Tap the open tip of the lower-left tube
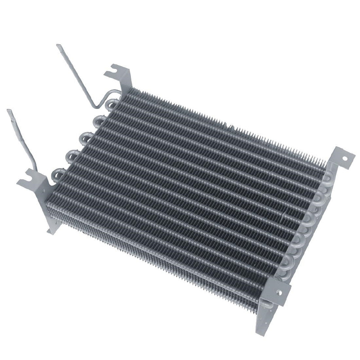[x=9, y=111]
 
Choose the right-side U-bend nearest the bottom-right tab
[x=288, y=263]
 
